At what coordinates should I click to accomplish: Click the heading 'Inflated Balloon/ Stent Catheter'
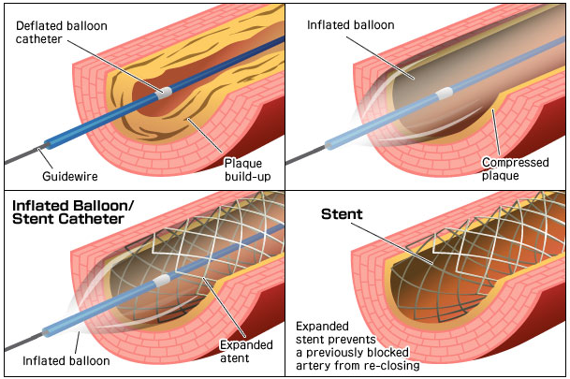[x=70, y=212]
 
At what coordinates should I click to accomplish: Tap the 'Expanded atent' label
[x=246, y=351]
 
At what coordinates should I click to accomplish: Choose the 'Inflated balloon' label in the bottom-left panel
[x=71, y=361]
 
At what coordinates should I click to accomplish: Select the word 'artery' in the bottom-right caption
[x=315, y=366]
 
